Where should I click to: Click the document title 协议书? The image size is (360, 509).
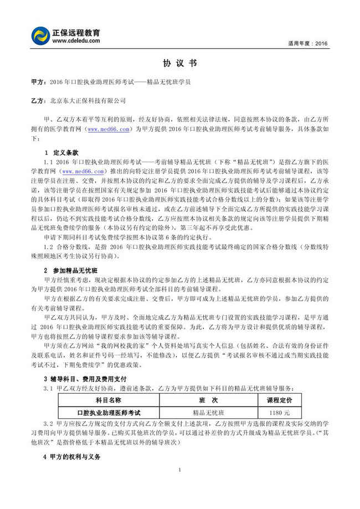(x=180, y=64)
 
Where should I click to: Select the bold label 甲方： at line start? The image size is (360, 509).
(x=39, y=82)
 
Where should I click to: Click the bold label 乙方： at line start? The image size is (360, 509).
(x=39, y=101)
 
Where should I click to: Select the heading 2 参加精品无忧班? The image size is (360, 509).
(x=70, y=270)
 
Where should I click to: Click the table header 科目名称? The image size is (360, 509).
(x=108, y=400)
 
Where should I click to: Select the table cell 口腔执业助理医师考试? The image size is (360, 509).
(x=108, y=413)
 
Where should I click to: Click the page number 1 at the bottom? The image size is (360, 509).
(x=180, y=470)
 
